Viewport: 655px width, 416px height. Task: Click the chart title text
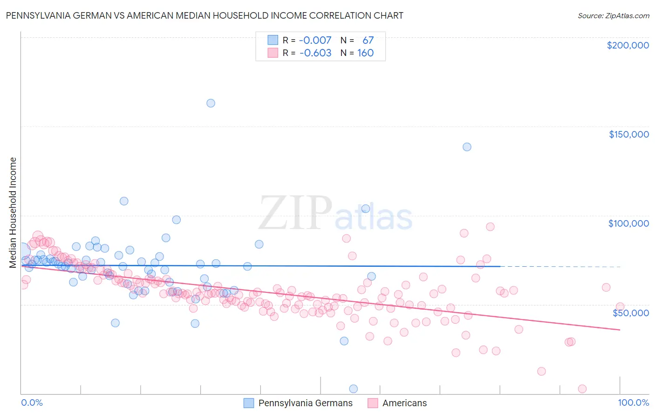[x=205, y=15]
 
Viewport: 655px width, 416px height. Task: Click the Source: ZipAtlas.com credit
[x=613, y=15]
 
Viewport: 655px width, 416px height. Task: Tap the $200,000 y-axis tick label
[x=628, y=45]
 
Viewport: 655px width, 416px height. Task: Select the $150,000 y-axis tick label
[x=628, y=134]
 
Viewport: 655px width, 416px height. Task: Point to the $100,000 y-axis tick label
[x=628, y=223]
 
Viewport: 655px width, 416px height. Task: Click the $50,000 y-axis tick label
[x=630, y=312]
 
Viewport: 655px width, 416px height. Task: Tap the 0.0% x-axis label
[x=32, y=402]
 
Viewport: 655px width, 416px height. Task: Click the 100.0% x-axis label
[x=633, y=402]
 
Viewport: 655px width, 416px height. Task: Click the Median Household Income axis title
[x=13, y=213]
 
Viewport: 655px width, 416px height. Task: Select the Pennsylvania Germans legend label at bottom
[x=305, y=403]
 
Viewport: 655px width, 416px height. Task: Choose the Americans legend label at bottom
[x=404, y=403]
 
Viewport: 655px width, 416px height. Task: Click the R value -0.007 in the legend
[x=315, y=40]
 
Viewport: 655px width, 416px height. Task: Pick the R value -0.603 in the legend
[x=315, y=53]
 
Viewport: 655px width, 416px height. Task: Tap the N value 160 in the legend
[x=365, y=53]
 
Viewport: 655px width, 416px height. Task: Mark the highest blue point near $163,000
[x=211, y=103]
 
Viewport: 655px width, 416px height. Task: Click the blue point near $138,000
[x=467, y=147]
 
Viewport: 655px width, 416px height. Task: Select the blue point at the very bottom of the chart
[x=354, y=388]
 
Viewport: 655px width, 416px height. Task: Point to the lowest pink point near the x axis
[x=582, y=388]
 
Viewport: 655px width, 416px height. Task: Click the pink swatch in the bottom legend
[x=373, y=403]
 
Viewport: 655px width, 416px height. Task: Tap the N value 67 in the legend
[x=368, y=40]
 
